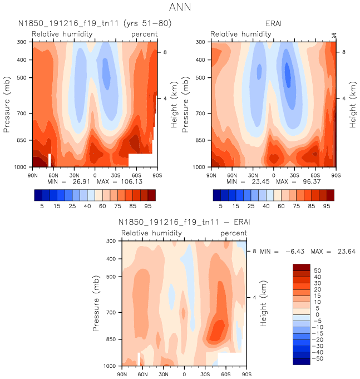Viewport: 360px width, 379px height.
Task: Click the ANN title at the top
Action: (x=180, y=8)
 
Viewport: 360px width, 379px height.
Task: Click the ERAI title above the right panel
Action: (x=274, y=23)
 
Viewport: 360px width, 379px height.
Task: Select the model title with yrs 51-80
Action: (x=95, y=23)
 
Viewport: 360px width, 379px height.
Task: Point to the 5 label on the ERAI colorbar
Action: (x=220, y=206)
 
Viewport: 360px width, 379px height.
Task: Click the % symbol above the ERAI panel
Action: (x=334, y=35)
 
